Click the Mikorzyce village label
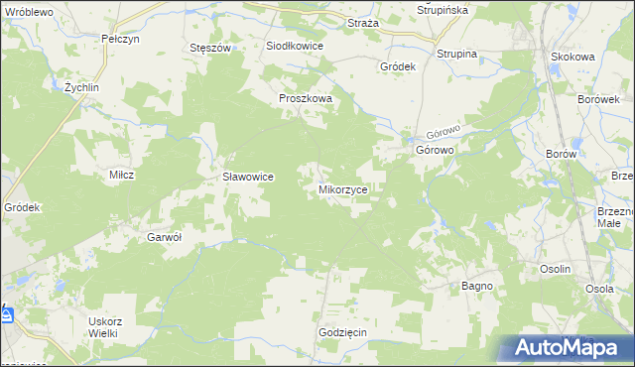(x=344, y=187)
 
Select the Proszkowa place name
(x=305, y=99)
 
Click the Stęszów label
(x=209, y=47)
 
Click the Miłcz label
(x=121, y=175)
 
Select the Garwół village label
(x=166, y=237)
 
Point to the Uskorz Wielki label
(x=104, y=327)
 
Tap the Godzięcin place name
(x=343, y=331)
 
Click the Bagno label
(x=477, y=286)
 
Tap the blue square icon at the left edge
(x=6, y=315)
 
